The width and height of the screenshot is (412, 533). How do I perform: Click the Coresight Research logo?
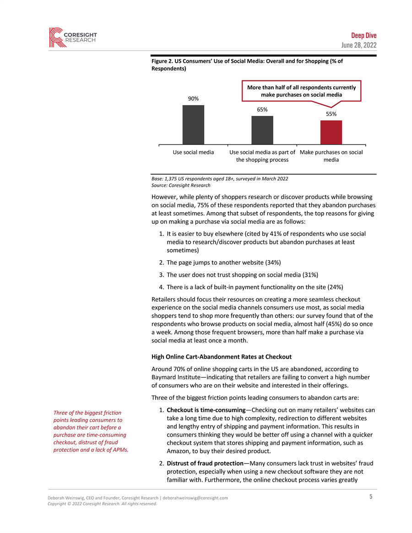73,37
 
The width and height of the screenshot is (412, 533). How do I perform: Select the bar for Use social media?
193,124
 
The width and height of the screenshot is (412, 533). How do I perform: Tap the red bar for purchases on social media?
331,132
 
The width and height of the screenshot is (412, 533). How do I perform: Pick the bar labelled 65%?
262,130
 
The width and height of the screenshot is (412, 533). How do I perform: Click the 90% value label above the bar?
193,98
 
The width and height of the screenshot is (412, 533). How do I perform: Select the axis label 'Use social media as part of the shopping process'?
262,156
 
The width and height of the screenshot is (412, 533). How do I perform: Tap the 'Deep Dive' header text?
364,36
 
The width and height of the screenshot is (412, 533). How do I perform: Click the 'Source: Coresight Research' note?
181,185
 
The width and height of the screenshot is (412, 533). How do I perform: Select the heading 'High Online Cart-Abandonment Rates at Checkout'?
221,356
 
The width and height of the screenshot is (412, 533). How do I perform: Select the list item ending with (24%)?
255,287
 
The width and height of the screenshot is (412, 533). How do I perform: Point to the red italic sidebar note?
91,431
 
